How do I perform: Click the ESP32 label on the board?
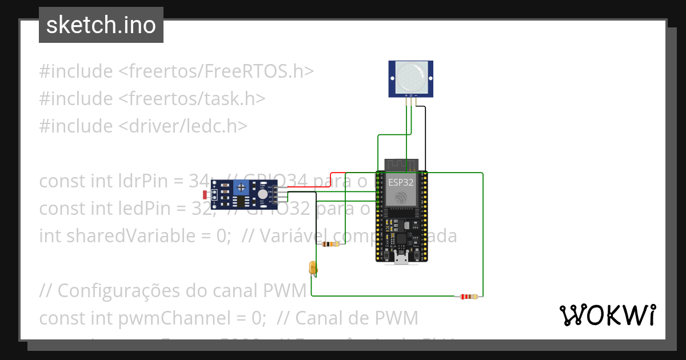(x=401, y=182)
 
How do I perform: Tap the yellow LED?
(x=313, y=267)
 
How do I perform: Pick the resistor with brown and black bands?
(x=330, y=245)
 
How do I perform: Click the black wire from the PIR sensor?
(x=425, y=137)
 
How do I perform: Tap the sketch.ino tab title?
(x=101, y=25)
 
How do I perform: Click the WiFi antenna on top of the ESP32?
(x=401, y=165)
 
